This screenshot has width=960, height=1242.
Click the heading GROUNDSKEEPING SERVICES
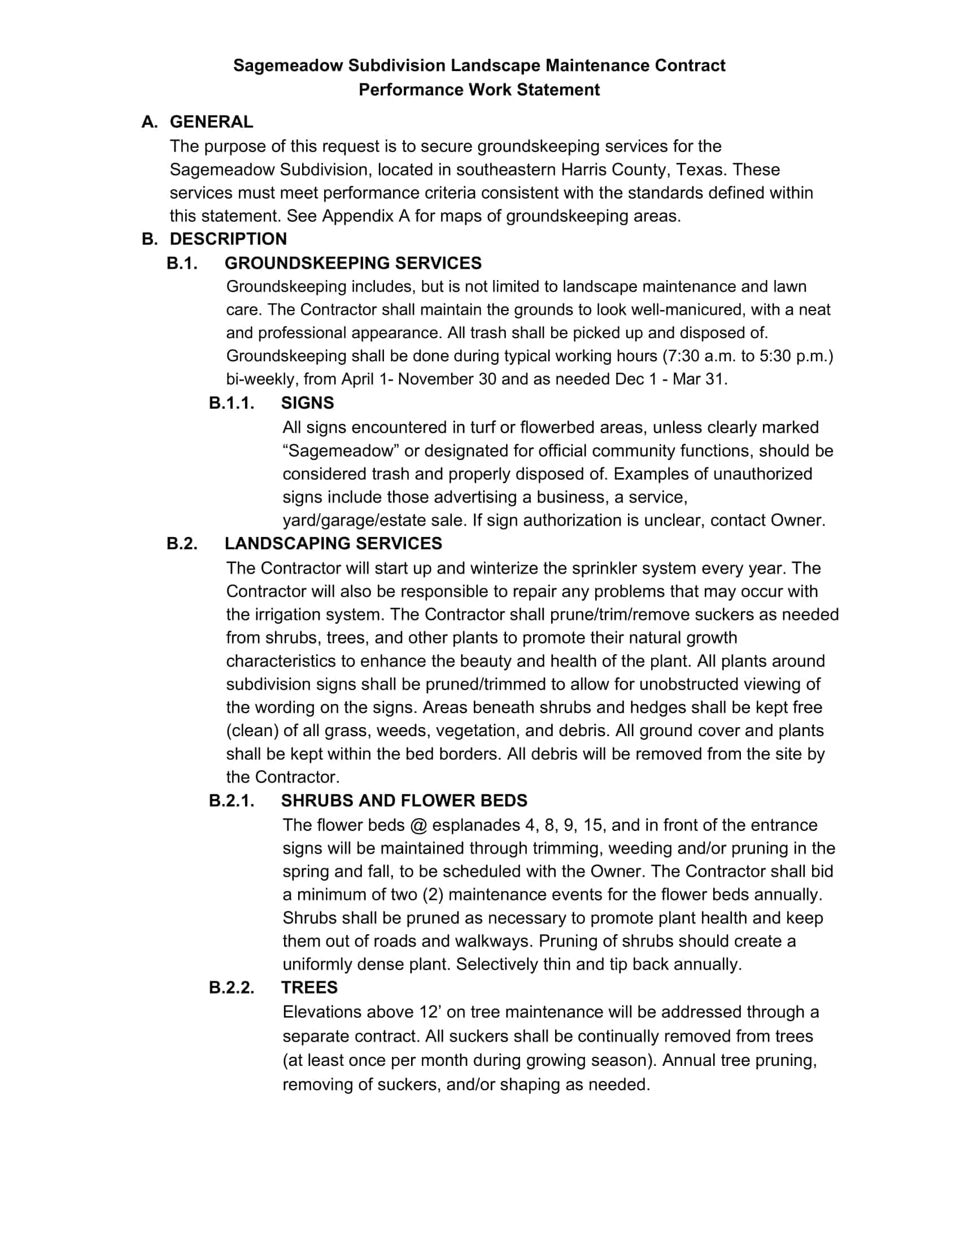coord(352,263)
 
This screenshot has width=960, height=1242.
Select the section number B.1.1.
coord(232,403)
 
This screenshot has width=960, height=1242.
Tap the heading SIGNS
coord(307,403)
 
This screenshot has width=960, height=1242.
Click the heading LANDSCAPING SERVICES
coord(333,543)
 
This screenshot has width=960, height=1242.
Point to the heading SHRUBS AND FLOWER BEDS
coord(404,800)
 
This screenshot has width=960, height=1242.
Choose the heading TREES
coord(309,987)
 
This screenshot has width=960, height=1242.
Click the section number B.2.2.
coord(232,987)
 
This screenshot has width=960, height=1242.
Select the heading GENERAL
coord(211,122)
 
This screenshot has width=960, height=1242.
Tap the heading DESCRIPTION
coord(228,239)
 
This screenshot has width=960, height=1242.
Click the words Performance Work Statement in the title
coord(479,90)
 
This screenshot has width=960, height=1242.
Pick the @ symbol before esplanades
coord(418,825)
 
